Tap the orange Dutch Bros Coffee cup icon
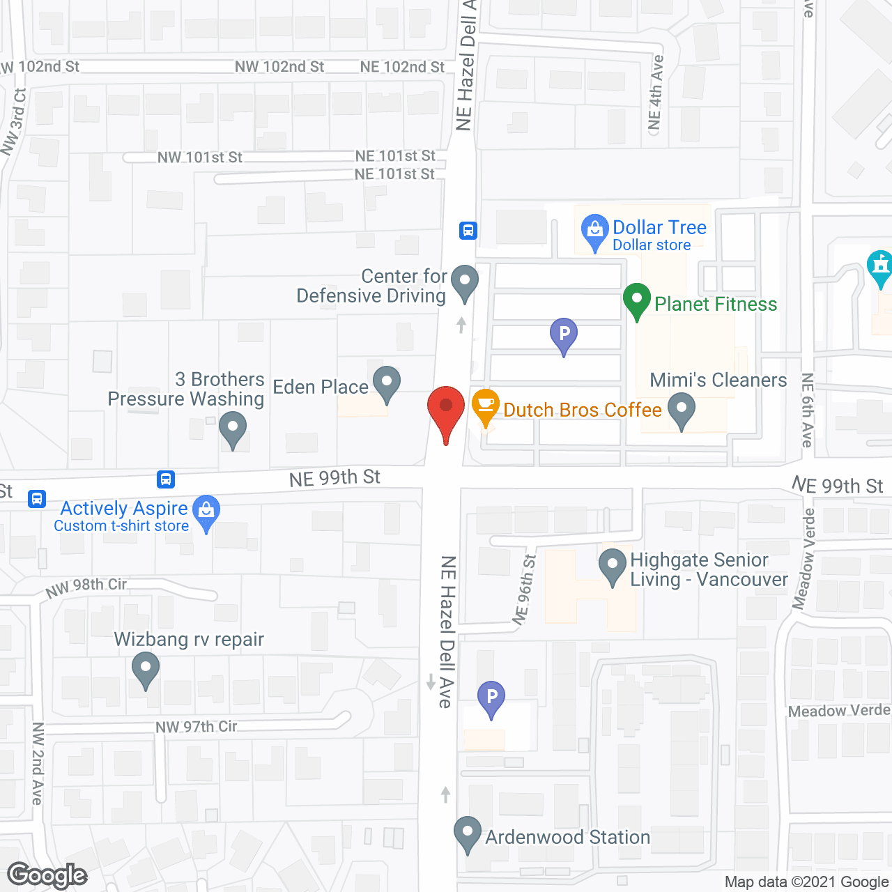[x=486, y=406]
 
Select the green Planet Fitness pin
[x=636, y=301]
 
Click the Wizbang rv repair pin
[x=146, y=669]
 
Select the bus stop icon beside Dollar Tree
[x=468, y=230]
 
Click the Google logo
[x=47, y=875]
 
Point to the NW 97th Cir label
[x=197, y=727]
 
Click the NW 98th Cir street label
[x=86, y=587]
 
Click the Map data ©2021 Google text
[x=806, y=882]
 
